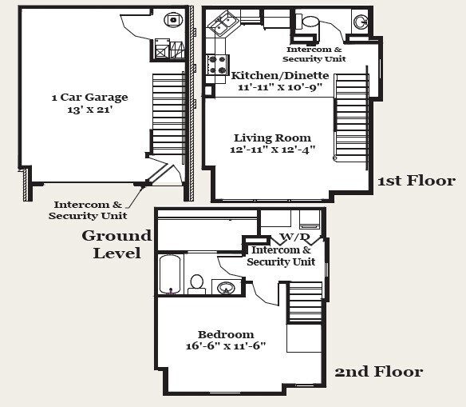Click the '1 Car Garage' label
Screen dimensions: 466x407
tap(89, 97)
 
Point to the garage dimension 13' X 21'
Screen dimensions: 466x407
tap(89, 110)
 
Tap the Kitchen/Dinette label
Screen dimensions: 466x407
tap(280, 75)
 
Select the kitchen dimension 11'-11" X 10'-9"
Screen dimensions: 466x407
tap(280, 87)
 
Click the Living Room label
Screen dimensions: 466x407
tap(273, 138)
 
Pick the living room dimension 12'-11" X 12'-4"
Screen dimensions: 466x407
tap(273, 150)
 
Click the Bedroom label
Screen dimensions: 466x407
tap(226, 334)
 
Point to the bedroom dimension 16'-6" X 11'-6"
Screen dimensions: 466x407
tap(226, 346)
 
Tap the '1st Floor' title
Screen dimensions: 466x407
tap(417, 181)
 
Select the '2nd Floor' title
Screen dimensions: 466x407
tap(379, 372)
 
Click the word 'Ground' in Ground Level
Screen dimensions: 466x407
tap(116, 236)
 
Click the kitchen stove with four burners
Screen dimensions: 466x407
tap(218, 64)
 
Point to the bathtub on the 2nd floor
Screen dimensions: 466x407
tap(170, 274)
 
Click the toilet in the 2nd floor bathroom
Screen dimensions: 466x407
tap(197, 285)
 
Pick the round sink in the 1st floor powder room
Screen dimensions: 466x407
tap(361, 22)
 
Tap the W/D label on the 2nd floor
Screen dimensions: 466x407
tap(294, 237)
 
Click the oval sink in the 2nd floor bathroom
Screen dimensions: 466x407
tap(226, 288)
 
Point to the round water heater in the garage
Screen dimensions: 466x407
tap(173, 20)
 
